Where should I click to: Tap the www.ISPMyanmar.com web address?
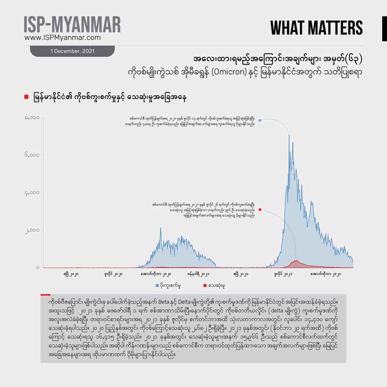point(62,38)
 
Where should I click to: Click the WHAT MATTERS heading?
point(316,28)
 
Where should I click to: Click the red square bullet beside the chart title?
point(26,98)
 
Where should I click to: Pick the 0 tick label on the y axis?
point(38,268)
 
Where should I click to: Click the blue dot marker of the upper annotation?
point(260,120)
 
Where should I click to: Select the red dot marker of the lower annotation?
point(260,209)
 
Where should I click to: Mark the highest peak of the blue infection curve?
point(289,135)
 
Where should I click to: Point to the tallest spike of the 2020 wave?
point(160,228)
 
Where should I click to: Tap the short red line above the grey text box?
point(45,294)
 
